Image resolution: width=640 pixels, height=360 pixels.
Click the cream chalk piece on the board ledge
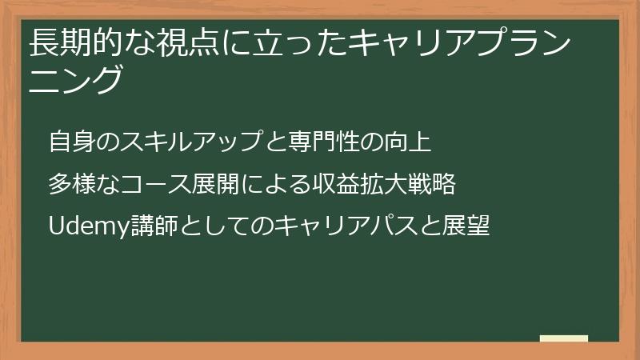click(x=564, y=339)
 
